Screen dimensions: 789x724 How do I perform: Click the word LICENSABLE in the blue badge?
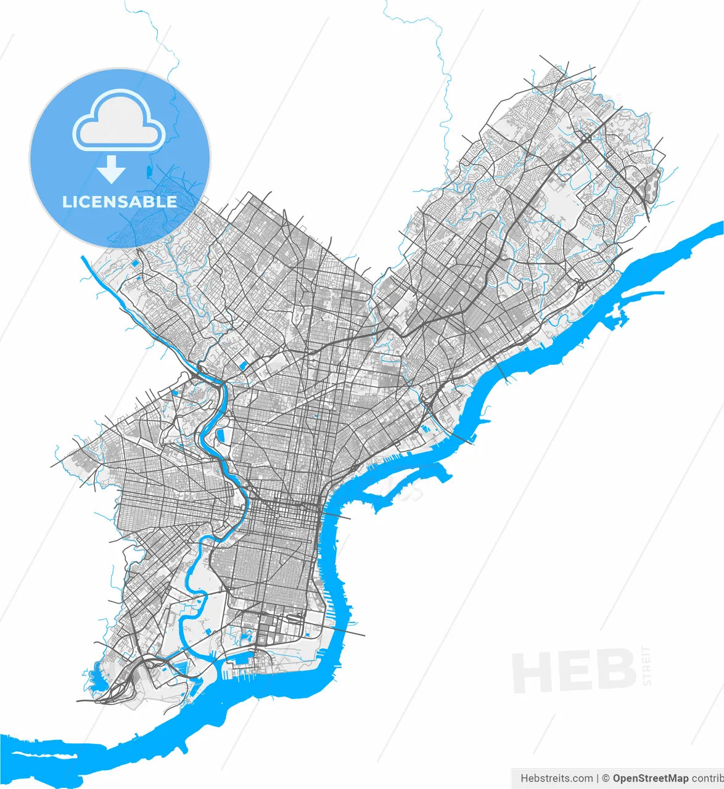coord(120,202)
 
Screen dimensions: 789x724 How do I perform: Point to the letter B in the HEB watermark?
coord(614,671)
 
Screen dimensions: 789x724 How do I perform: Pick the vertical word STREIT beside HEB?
coord(646,666)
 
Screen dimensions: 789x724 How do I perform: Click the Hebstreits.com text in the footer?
coord(556,779)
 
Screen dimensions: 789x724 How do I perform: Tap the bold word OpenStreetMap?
coord(650,779)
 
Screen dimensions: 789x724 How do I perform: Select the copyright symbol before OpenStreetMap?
coord(606,779)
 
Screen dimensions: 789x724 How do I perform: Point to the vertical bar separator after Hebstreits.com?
coord(598,779)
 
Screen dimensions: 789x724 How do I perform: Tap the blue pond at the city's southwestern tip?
coord(97,681)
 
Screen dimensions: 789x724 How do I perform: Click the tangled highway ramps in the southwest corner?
coord(126,681)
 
